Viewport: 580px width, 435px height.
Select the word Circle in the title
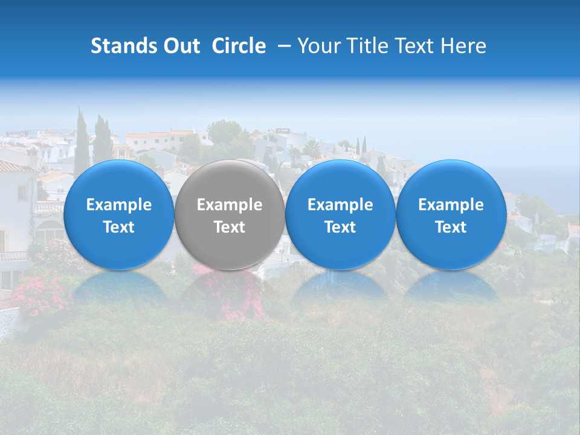point(239,46)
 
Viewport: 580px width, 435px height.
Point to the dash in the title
point(284,46)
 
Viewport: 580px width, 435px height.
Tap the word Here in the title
point(463,46)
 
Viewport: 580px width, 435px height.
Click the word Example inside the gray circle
point(230,205)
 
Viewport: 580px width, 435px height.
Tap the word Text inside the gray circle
point(230,227)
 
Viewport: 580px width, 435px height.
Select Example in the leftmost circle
point(119,205)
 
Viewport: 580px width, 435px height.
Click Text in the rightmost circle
point(451,227)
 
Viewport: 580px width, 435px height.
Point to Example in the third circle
point(340,205)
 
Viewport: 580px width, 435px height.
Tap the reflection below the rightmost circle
point(451,286)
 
